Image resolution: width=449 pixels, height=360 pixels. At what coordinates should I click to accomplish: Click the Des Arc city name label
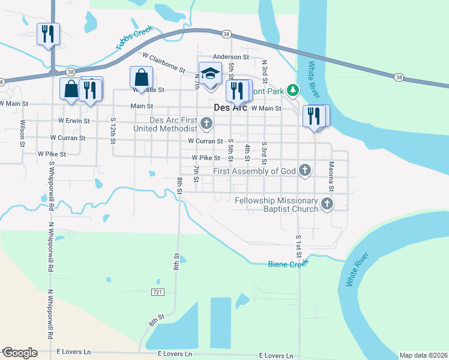tap(231, 108)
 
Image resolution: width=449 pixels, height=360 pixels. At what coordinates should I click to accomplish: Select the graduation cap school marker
tap(210, 73)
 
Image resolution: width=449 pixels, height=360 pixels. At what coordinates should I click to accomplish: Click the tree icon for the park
tap(293, 90)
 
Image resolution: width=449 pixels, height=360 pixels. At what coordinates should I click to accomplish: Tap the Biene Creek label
tap(288, 263)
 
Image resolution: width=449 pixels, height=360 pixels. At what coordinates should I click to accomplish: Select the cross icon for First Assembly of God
tap(305, 171)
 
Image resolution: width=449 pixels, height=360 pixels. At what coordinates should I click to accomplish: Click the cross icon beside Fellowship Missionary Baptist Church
tap(327, 204)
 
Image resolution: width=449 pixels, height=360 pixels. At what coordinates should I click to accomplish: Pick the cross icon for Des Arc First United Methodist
tap(206, 124)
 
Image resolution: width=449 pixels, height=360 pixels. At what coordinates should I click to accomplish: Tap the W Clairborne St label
tap(164, 62)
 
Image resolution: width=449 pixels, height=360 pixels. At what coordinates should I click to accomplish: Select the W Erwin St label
tap(74, 121)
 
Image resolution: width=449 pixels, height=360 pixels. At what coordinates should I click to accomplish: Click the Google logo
tap(20, 353)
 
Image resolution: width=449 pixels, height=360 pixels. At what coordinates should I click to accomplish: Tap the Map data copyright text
tap(424, 355)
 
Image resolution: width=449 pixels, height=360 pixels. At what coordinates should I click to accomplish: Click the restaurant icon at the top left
tap(48, 34)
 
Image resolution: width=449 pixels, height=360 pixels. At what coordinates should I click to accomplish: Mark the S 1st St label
tap(298, 246)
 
